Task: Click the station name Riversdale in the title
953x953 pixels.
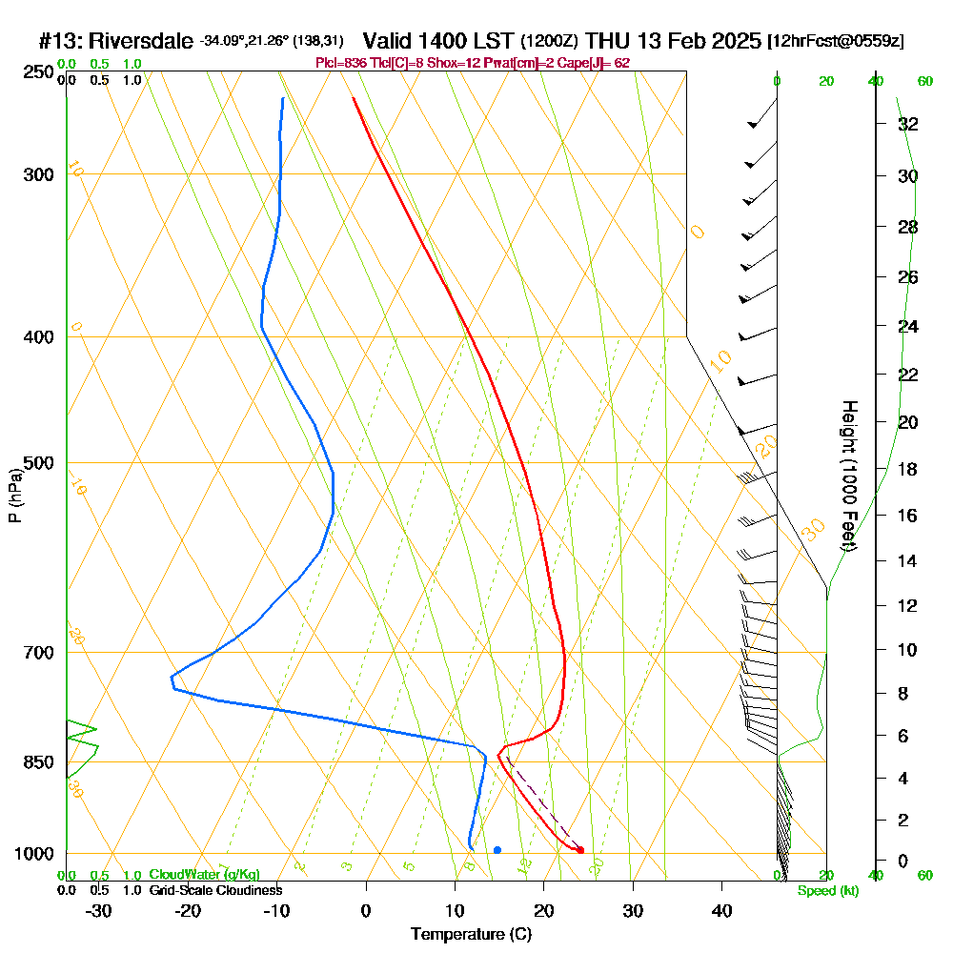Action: click(x=143, y=41)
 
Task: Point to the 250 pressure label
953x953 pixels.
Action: click(x=38, y=72)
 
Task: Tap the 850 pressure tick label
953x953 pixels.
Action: click(x=38, y=762)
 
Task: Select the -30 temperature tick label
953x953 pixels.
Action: click(x=99, y=910)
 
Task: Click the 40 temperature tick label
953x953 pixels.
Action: click(x=722, y=910)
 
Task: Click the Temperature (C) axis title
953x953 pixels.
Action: click(x=471, y=934)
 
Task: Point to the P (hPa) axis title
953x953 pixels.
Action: click(x=14, y=495)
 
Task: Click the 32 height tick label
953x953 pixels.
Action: click(x=907, y=124)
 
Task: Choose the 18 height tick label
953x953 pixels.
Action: click(x=907, y=469)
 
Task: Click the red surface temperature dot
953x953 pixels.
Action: click(x=580, y=849)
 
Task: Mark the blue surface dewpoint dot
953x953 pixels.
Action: click(x=497, y=849)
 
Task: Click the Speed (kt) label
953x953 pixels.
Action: click(x=827, y=891)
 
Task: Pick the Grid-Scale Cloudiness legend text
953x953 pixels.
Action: click(x=214, y=890)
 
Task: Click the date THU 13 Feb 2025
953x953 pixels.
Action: click(x=674, y=41)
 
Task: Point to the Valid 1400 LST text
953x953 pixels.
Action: click(x=439, y=41)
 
